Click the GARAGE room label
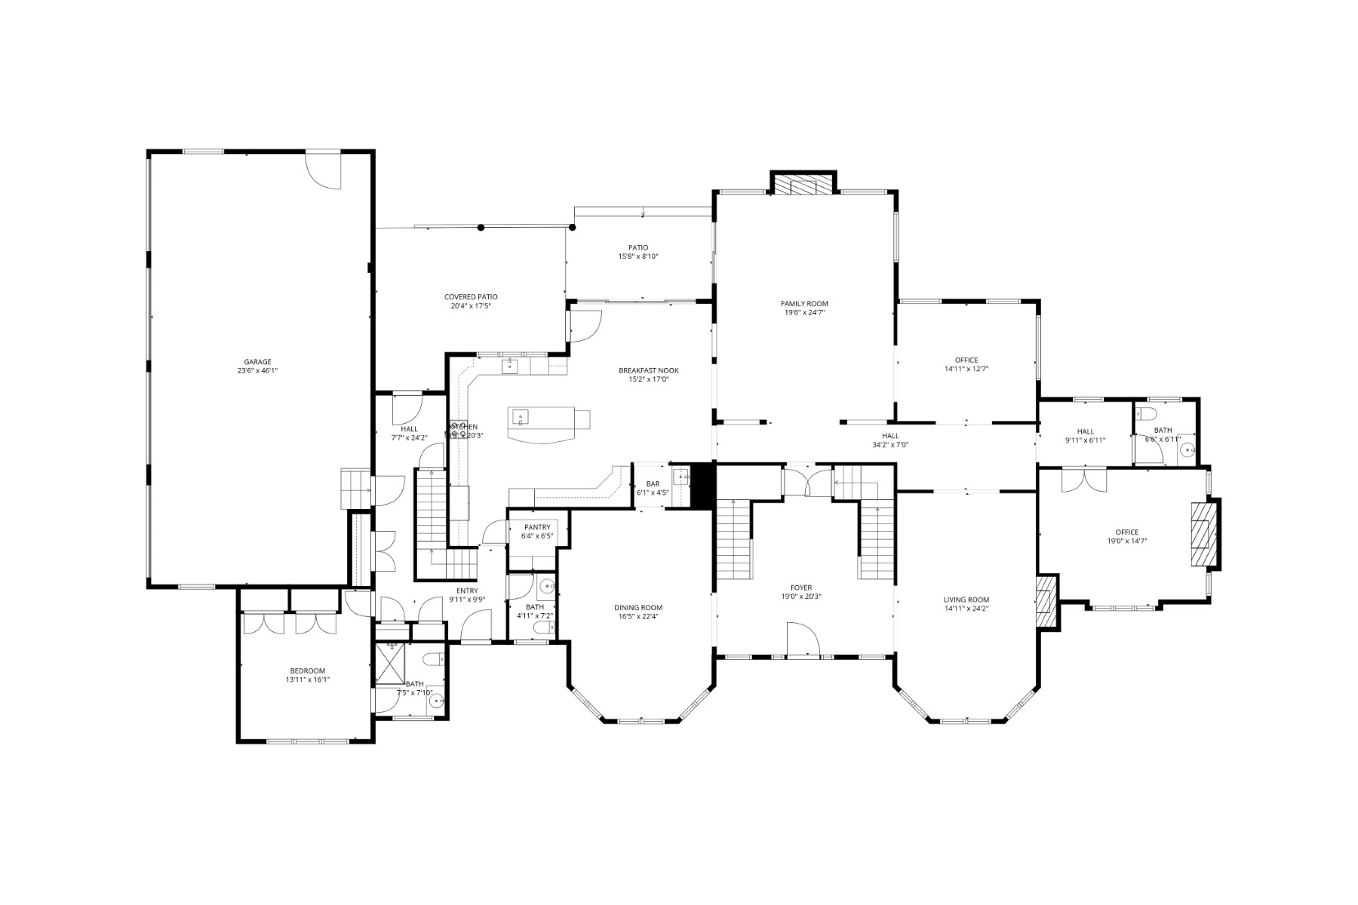[257, 362]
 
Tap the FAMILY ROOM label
[804, 304]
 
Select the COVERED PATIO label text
[471, 297]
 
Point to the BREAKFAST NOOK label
[649, 370]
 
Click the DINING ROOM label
[638, 608]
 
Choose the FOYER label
[801, 587]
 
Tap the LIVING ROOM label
[966, 600]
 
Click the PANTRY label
[537, 527]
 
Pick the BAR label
[653, 483]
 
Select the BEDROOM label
[308, 671]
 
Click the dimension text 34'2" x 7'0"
[890, 445]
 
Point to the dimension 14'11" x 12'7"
[966, 370]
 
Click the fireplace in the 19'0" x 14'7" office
[1203, 534]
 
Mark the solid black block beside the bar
[703, 486]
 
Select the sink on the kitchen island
[521, 416]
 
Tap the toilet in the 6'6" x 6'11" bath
[1147, 413]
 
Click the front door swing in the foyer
[803, 640]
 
